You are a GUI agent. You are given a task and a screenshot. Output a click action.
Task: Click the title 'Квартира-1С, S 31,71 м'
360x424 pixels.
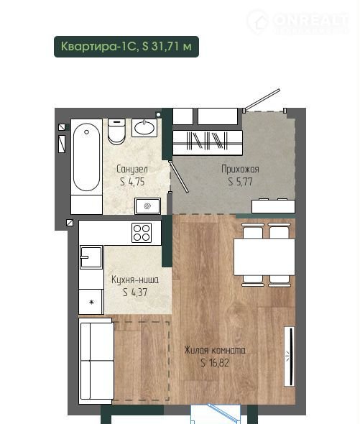pyautogui.click(x=126, y=47)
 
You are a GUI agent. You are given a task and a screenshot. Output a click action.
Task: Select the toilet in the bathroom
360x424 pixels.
pyautogui.click(x=116, y=132)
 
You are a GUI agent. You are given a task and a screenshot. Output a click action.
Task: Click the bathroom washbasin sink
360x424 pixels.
pyautogui.click(x=144, y=128)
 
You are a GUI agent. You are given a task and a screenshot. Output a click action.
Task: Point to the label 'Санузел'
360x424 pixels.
pyautogui.click(x=132, y=170)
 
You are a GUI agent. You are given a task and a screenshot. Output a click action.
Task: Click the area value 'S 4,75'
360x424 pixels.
pyautogui.click(x=132, y=182)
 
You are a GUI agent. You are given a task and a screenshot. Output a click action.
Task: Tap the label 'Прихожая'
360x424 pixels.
pyautogui.click(x=240, y=170)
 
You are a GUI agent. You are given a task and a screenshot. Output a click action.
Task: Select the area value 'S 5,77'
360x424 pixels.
pyautogui.click(x=240, y=182)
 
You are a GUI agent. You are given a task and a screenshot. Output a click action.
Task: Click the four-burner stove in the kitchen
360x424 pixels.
pyautogui.click(x=142, y=233)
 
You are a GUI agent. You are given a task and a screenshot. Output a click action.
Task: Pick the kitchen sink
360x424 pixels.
pyautogui.click(x=91, y=257)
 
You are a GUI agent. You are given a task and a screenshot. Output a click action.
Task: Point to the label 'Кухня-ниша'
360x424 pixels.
pyautogui.click(x=135, y=280)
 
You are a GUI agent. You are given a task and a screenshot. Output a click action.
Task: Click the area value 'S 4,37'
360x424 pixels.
pyautogui.click(x=135, y=292)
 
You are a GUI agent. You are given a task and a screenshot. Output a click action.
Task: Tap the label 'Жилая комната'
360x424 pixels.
pyautogui.click(x=215, y=350)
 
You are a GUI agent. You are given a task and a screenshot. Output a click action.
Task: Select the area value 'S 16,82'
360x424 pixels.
pyautogui.click(x=215, y=363)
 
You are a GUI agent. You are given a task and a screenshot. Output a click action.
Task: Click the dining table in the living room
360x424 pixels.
pyautogui.click(x=264, y=257)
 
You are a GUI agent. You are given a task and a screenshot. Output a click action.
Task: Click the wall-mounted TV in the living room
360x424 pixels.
pyautogui.click(x=289, y=356)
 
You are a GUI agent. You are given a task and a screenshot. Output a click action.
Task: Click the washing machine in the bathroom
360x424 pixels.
pyautogui.click(x=148, y=206)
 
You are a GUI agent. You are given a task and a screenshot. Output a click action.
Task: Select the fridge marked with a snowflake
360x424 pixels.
pyautogui.click(x=91, y=302)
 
